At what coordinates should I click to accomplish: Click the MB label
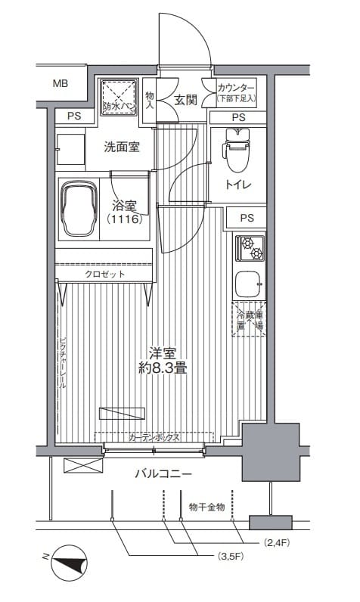[x=60, y=83]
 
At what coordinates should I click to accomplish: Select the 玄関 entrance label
[x=186, y=99]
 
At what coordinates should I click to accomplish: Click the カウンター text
[x=236, y=88]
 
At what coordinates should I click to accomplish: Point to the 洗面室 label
[x=122, y=147]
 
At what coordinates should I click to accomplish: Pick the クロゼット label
[x=105, y=274]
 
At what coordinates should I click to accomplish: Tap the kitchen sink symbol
[x=250, y=284]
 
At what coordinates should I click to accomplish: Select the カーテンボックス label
[x=154, y=437]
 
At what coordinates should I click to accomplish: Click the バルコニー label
[x=163, y=474]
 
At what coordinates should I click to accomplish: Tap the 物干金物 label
[x=206, y=507]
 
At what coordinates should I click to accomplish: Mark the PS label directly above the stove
[x=247, y=218]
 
